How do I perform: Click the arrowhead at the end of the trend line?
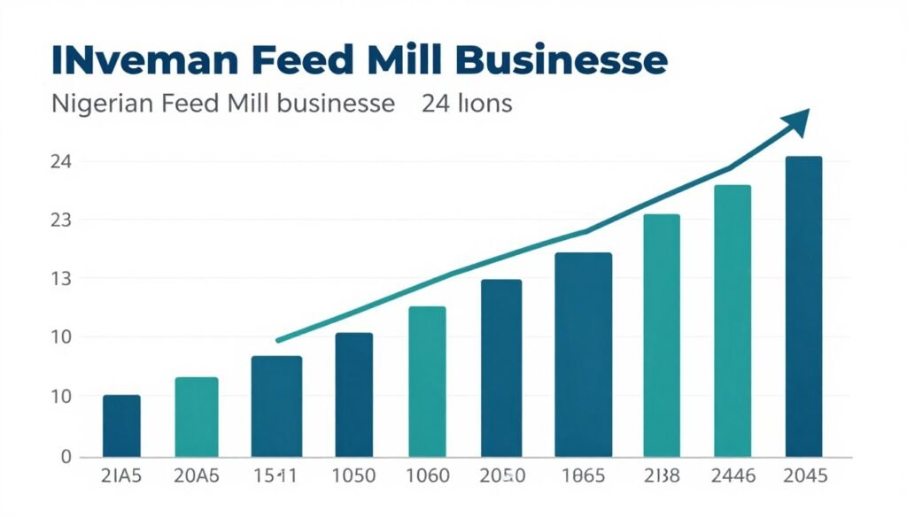(x=797, y=122)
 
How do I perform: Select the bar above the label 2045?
(x=803, y=306)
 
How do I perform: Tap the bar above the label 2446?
(x=732, y=321)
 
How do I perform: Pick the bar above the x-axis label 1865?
(x=583, y=354)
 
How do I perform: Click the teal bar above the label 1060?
(x=427, y=382)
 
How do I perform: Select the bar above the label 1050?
(x=353, y=395)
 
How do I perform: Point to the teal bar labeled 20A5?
(x=196, y=417)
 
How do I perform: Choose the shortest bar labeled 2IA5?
(x=121, y=426)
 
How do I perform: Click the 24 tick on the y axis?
(x=36, y=162)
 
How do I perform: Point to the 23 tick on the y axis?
(x=36, y=220)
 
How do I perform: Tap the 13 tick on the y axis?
(x=36, y=279)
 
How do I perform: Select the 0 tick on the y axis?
(x=40, y=457)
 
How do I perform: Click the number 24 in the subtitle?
(x=435, y=104)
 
